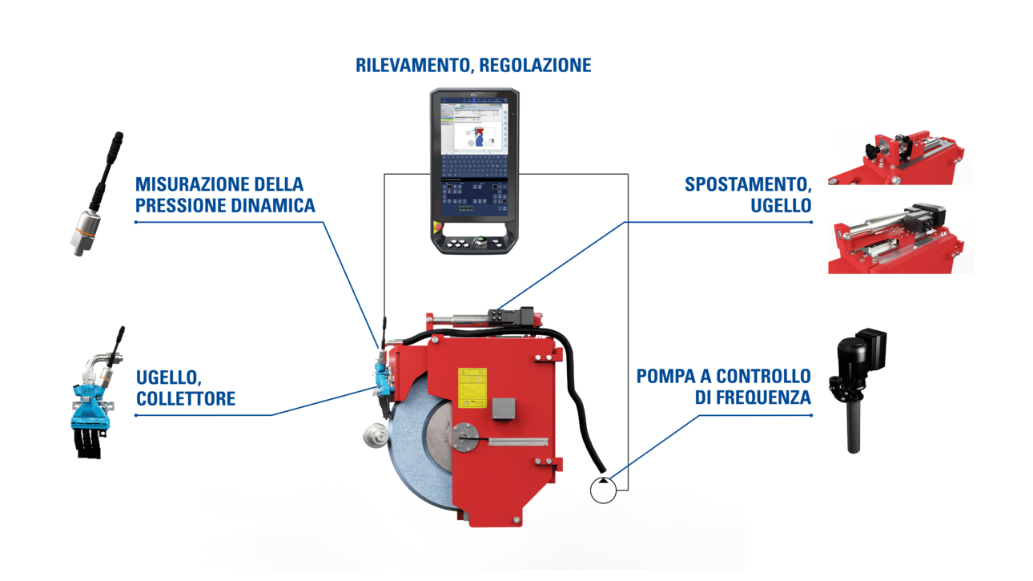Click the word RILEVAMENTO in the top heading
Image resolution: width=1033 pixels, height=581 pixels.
point(412,65)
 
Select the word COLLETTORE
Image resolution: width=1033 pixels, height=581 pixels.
point(186,398)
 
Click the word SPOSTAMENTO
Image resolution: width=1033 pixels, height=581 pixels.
point(748,185)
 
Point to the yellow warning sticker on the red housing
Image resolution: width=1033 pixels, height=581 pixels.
point(472,385)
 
